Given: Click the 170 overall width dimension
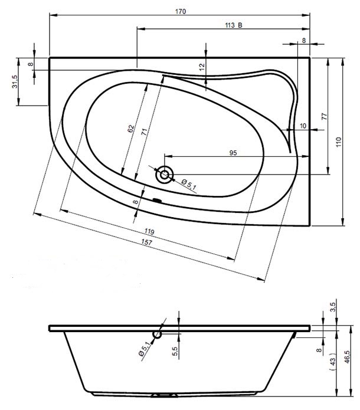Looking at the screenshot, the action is (181, 12).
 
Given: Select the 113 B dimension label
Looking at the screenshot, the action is (233, 25).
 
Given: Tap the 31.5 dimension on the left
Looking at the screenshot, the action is (15, 81).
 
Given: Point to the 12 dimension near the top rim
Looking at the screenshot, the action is (202, 67).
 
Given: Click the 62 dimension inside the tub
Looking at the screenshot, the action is (131, 129).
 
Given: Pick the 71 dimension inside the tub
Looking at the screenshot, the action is (144, 132).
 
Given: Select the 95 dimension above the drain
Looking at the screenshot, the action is (233, 153).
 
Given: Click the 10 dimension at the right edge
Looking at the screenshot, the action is (303, 126).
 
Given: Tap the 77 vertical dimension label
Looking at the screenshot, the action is (324, 116).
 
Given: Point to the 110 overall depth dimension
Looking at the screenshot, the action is (339, 142).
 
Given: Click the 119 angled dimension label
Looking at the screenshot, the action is (149, 231).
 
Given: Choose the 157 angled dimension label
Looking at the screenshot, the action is (146, 242).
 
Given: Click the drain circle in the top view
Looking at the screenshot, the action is (165, 175).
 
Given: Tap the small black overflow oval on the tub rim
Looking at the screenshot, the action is (157, 201).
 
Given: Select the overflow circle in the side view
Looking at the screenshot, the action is (157, 334).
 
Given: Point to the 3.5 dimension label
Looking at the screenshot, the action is (332, 307).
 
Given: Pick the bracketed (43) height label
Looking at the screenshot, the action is (332, 362).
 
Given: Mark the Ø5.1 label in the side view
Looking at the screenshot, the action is (145, 349).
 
